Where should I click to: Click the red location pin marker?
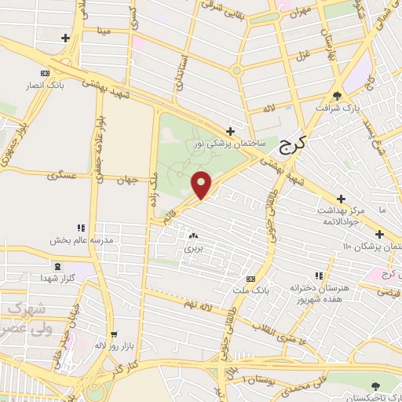tap(202, 184)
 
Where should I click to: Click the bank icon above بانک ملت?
tap(250, 280)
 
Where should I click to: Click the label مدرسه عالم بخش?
tap(81, 239)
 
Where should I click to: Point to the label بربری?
tap(193, 247)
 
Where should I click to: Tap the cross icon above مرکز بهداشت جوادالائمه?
tap(340, 199)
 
